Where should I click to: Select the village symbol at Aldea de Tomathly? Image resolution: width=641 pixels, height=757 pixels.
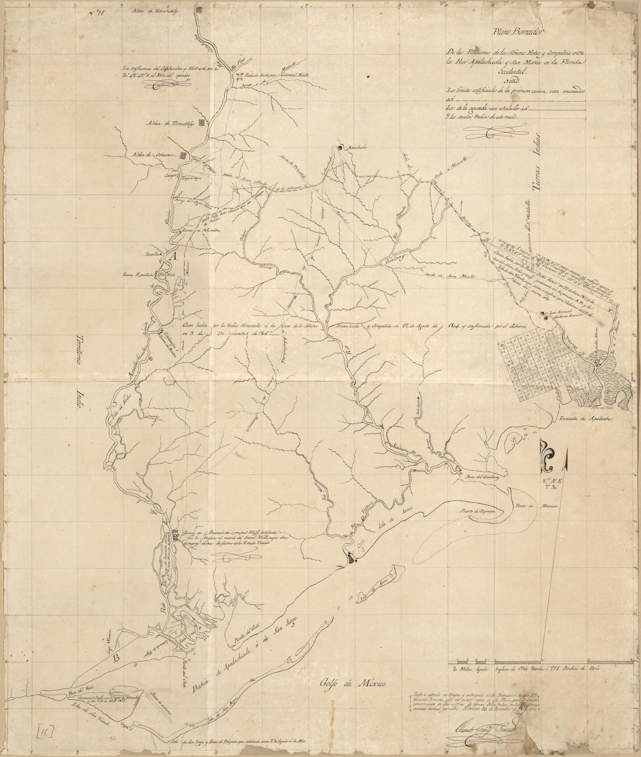tap(202, 122)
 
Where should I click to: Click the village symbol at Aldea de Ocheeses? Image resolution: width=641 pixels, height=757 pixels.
tap(184, 155)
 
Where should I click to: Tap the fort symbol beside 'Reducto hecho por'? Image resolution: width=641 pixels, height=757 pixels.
tap(240, 76)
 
